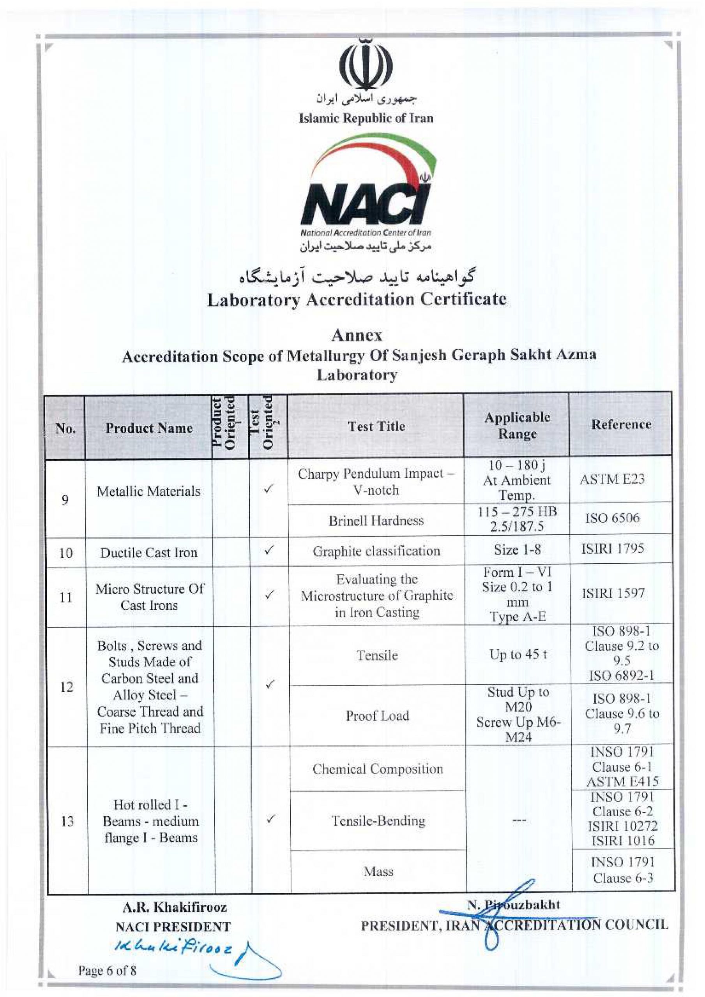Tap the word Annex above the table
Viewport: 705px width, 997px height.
[357, 335]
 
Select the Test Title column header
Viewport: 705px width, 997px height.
[376, 426]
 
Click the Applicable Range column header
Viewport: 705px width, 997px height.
[517, 426]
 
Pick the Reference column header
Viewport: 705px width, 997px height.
[621, 424]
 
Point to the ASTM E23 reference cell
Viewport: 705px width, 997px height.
[612, 479]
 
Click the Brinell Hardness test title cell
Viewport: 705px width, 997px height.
[376, 521]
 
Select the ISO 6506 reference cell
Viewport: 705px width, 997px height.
[612, 518]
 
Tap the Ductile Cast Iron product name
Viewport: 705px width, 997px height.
[148, 553]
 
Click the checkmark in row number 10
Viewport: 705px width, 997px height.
[269, 550]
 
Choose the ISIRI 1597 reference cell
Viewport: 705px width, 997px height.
[613, 593]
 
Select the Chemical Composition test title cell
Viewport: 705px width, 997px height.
[377, 769]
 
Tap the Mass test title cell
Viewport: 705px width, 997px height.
[378, 871]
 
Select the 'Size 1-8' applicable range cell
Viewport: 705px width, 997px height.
[517, 550]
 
